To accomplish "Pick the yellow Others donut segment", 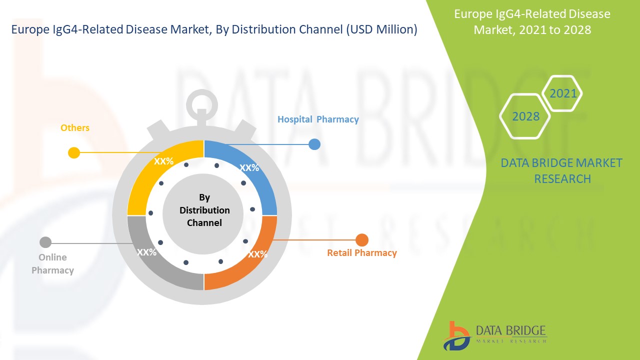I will tap(155, 172).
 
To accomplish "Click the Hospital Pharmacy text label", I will tap(318, 119).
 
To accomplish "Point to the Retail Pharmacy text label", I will tap(361, 253).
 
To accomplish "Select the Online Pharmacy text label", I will tap(52, 264).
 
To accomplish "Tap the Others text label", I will tap(75, 128).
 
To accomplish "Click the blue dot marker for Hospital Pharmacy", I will tap(314, 144).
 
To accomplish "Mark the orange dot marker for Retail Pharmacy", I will tap(361, 240).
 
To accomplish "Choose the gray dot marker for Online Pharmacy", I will tap(45, 242).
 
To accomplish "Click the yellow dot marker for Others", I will tap(74, 152).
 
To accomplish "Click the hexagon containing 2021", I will tap(563, 93).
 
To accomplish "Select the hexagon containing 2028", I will tap(525, 116).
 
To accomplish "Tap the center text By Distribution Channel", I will tap(204, 210).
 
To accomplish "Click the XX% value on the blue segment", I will tap(249, 168).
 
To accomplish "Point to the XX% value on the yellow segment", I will tap(163, 161).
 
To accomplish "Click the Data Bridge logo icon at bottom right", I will tap(456, 335).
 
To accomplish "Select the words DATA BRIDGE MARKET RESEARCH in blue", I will tap(562, 171).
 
